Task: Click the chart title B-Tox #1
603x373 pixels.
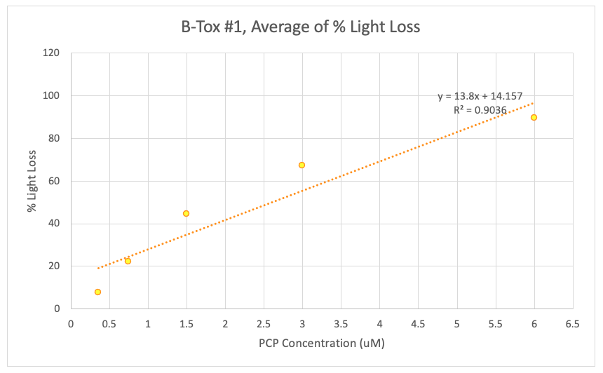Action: point(301,27)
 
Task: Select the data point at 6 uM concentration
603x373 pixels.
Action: point(534,117)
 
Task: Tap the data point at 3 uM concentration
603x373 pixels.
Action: point(301,165)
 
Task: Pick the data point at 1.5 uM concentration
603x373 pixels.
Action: point(186,213)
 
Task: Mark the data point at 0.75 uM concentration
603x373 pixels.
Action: point(128,261)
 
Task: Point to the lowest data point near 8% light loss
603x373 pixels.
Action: point(97,292)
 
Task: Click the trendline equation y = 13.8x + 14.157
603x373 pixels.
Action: point(480,97)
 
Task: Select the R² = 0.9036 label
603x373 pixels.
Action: point(480,110)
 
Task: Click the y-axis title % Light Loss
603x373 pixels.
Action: point(32,180)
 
